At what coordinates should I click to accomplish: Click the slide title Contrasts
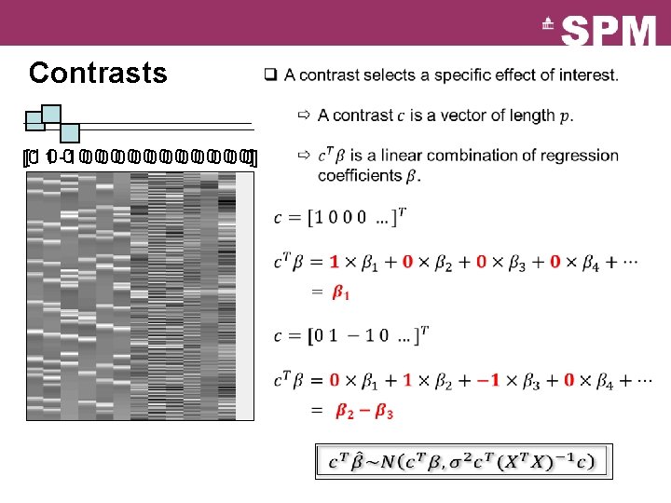point(98,73)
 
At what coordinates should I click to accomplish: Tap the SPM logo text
point(609,33)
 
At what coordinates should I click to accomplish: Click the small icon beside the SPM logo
point(548,26)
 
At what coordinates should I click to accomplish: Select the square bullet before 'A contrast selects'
point(269,75)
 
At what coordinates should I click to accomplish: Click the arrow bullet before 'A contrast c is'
point(304,116)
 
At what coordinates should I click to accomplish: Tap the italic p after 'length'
point(566,117)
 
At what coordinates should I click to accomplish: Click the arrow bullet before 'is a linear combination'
point(304,155)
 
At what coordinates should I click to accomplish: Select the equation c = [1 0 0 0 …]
point(340,217)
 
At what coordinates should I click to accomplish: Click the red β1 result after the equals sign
point(342,293)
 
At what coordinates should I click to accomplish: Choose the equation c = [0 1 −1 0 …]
point(351,334)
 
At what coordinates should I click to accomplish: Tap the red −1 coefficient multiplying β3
point(492,380)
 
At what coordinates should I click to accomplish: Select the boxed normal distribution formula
point(463,459)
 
